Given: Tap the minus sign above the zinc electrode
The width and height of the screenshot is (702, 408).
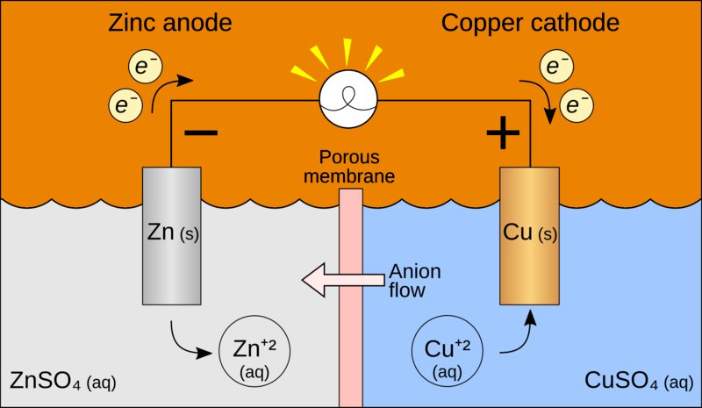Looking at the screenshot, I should [202, 132].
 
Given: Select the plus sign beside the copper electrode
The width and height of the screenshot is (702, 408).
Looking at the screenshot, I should [503, 134].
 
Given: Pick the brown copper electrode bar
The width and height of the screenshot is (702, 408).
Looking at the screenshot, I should [530, 237].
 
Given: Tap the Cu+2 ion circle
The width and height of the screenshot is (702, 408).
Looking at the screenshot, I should [446, 353].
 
